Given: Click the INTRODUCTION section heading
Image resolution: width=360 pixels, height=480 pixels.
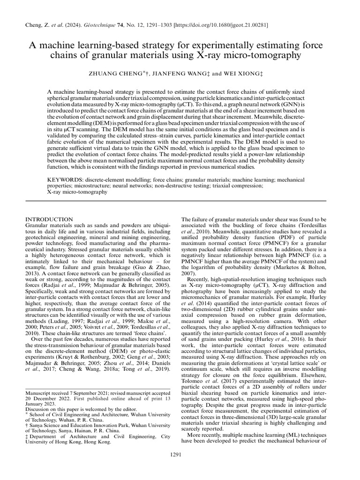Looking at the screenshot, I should (49, 219).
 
